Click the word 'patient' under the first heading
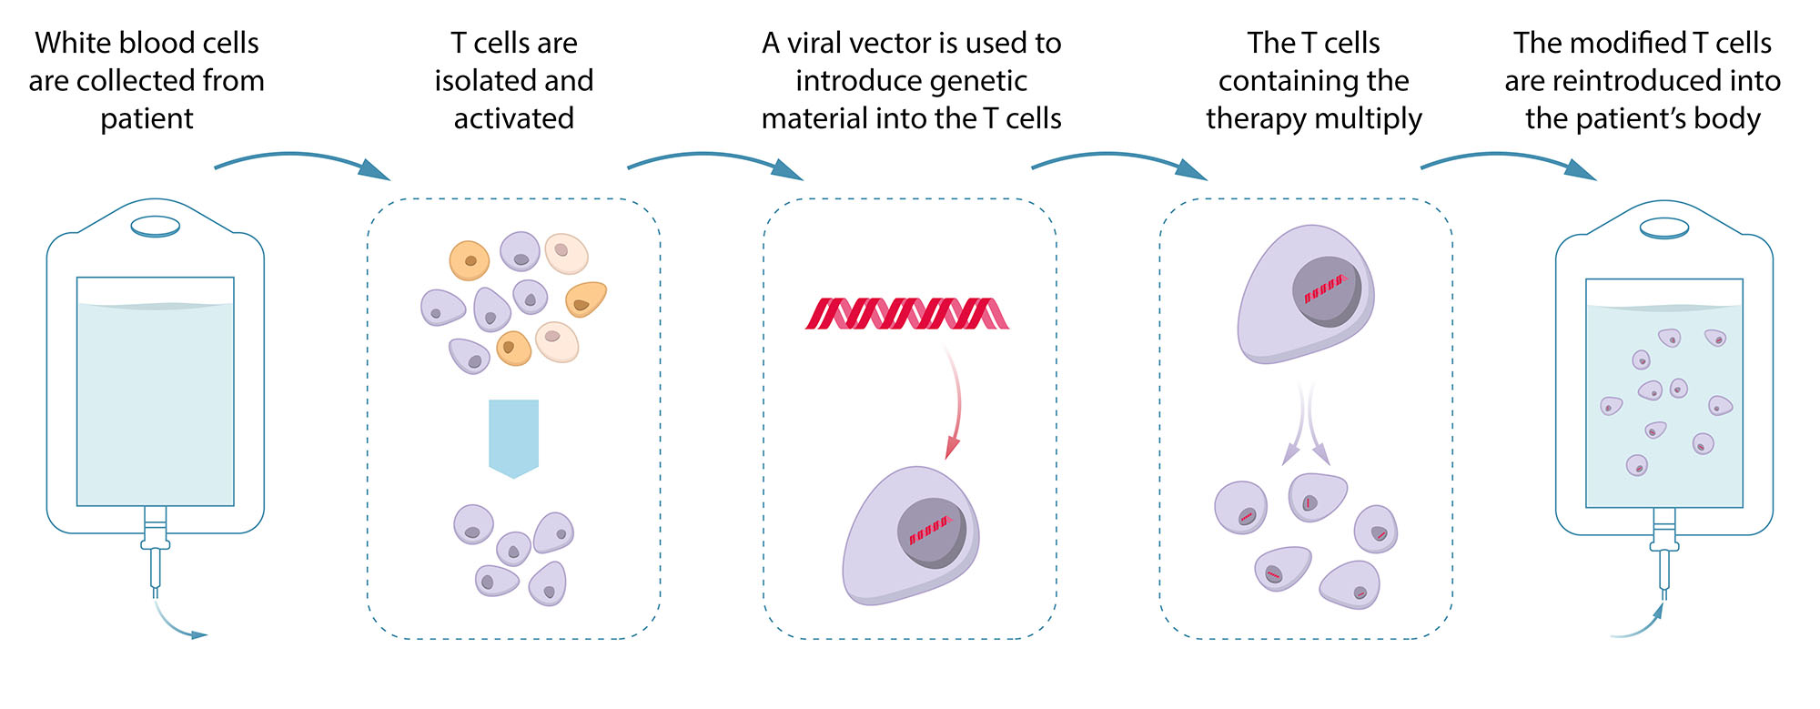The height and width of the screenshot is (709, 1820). pyautogui.click(x=147, y=119)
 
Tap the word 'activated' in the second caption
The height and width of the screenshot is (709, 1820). pyautogui.click(x=513, y=119)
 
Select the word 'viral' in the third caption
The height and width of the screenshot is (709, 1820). pyautogui.click(x=814, y=44)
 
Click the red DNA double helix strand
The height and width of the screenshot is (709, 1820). pyautogui.click(x=907, y=313)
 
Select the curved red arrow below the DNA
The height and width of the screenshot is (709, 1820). pyautogui.click(x=955, y=400)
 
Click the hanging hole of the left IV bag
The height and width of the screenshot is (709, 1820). pyautogui.click(x=156, y=225)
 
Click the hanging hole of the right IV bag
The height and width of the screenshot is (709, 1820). pyautogui.click(x=1664, y=228)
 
